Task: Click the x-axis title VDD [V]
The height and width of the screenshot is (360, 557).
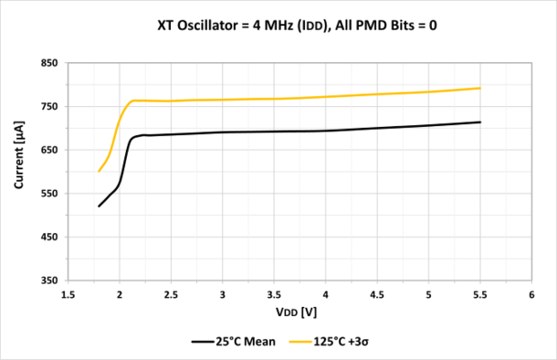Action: [300, 313]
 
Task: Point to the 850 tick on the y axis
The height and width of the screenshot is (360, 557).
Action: [47, 63]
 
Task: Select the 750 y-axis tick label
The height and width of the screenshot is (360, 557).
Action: [47, 107]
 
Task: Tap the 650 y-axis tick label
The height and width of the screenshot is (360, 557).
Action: [47, 150]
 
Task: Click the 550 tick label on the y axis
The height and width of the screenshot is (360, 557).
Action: [47, 194]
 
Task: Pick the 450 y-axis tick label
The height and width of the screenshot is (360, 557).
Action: [47, 237]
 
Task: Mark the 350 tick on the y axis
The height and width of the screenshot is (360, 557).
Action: [47, 281]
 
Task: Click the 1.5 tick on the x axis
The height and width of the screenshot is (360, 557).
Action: [68, 295]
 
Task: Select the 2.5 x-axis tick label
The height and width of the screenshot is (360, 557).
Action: [171, 295]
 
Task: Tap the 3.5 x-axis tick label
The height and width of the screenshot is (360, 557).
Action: [274, 295]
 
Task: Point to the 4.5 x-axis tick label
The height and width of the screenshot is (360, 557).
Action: [377, 295]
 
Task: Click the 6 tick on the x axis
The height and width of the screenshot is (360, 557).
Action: [531, 295]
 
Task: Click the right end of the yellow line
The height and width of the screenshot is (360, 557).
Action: [480, 88]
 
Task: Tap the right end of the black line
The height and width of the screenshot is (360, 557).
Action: [480, 122]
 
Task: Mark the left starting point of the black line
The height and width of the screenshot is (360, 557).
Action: [99, 206]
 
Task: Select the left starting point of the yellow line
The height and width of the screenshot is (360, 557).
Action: [99, 171]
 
